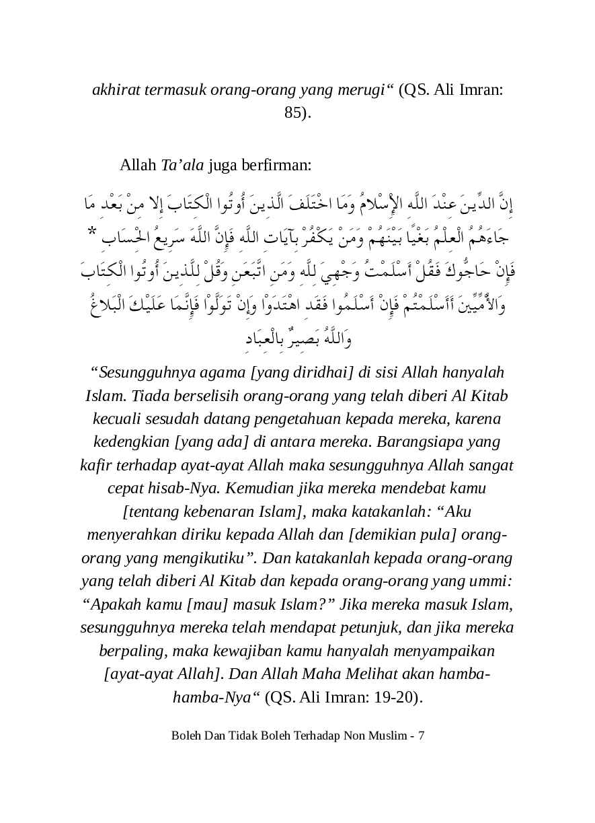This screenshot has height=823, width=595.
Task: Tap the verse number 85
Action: [x=295, y=112]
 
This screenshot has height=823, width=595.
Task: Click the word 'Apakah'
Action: [x=112, y=604]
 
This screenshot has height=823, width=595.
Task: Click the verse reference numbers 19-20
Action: [x=391, y=696]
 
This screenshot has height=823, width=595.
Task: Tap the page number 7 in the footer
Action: [x=421, y=735]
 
